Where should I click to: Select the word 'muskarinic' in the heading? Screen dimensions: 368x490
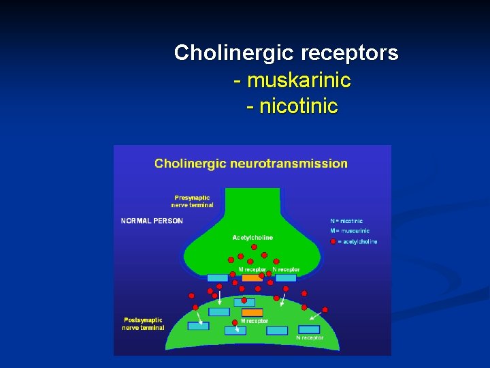point(299,80)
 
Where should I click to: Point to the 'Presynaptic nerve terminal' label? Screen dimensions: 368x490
point(192,201)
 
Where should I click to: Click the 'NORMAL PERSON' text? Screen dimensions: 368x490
point(152,220)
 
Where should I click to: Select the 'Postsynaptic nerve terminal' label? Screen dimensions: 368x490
point(143,323)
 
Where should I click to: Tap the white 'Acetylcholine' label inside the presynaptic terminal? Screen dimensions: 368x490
point(252,238)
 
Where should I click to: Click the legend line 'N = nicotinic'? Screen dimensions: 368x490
point(346,221)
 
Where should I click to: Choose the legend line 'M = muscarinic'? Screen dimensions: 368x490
point(350,231)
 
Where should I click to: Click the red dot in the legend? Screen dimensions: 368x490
point(333,241)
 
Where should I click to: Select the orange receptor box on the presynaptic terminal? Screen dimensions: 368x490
point(252,278)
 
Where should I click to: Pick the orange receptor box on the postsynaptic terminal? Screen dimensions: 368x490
point(252,312)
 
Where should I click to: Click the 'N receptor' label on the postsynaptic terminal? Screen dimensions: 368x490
point(310,337)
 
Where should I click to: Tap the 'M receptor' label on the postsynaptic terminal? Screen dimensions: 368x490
point(254,321)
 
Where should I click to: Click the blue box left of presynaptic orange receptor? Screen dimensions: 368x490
point(218,278)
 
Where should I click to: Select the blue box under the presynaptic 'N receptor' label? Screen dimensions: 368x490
point(286,278)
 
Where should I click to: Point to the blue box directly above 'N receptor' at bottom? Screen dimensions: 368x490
point(277,331)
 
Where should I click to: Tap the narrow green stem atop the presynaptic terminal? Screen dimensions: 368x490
point(252,201)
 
